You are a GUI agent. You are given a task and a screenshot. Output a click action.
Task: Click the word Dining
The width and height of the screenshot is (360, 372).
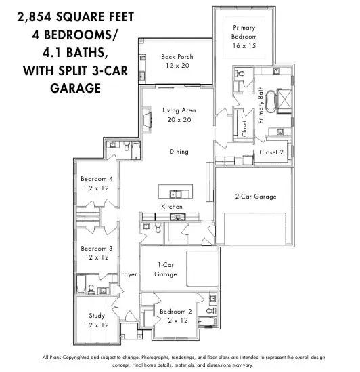click(x=179, y=152)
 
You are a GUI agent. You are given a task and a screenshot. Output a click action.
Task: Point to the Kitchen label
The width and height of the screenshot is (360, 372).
click(x=171, y=206)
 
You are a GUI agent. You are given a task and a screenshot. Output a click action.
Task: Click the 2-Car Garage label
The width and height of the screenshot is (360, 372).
click(x=256, y=197)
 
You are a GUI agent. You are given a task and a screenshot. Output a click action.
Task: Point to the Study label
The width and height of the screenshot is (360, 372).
click(x=96, y=321)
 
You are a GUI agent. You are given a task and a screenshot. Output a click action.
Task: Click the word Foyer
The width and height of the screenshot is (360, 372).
click(x=129, y=274)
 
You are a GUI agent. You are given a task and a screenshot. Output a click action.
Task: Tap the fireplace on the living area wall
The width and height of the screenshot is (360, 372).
click(x=146, y=121)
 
